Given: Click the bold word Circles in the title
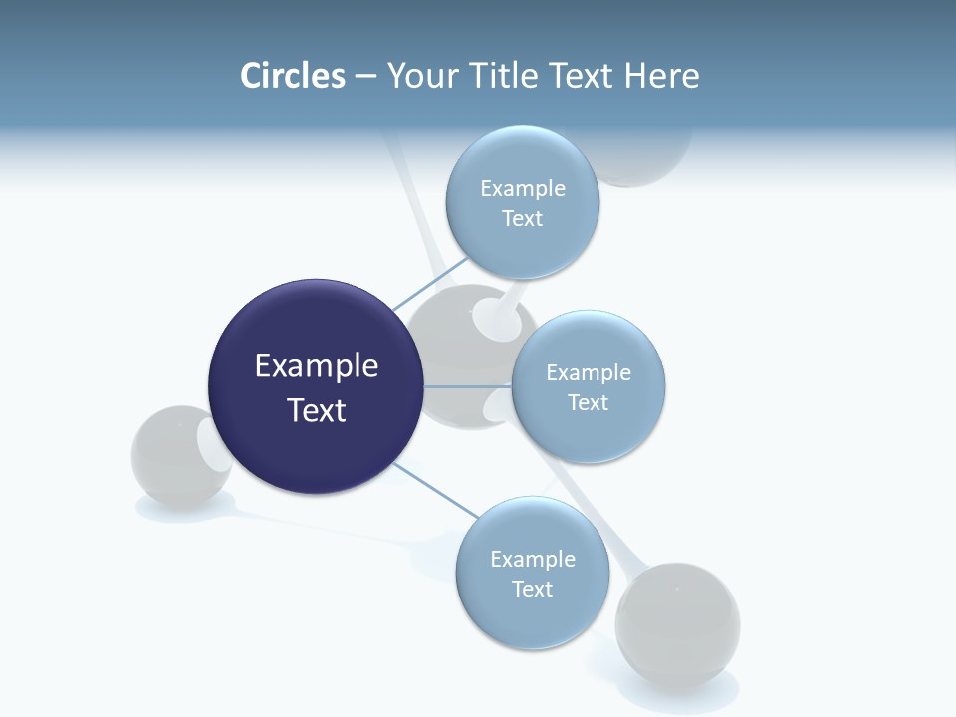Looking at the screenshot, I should [293, 76].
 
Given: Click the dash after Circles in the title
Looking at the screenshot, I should [365, 77].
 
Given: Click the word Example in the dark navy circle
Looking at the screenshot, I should [317, 366].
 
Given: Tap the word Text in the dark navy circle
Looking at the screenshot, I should [317, 410].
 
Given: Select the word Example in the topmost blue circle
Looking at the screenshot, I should [523, 189].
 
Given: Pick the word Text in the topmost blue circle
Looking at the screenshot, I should [523, 219].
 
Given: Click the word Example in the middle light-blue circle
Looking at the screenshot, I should [589, 373].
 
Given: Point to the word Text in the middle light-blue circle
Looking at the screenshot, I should [589, 403].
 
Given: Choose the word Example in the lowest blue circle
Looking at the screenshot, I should [533, 560].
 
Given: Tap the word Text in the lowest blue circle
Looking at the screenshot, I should [533, 590].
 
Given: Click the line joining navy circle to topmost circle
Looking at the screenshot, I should [430, 283].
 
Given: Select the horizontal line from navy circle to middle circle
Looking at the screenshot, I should [466, 386].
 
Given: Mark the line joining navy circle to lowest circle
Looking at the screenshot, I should [436, 490].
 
